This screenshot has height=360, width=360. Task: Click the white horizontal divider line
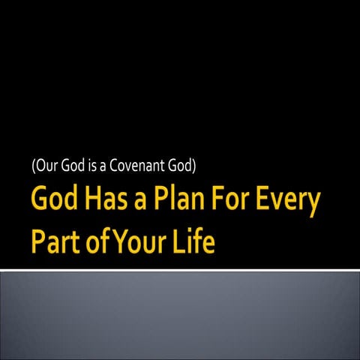(180, 269)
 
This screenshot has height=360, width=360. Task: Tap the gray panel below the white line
(180, 315)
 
